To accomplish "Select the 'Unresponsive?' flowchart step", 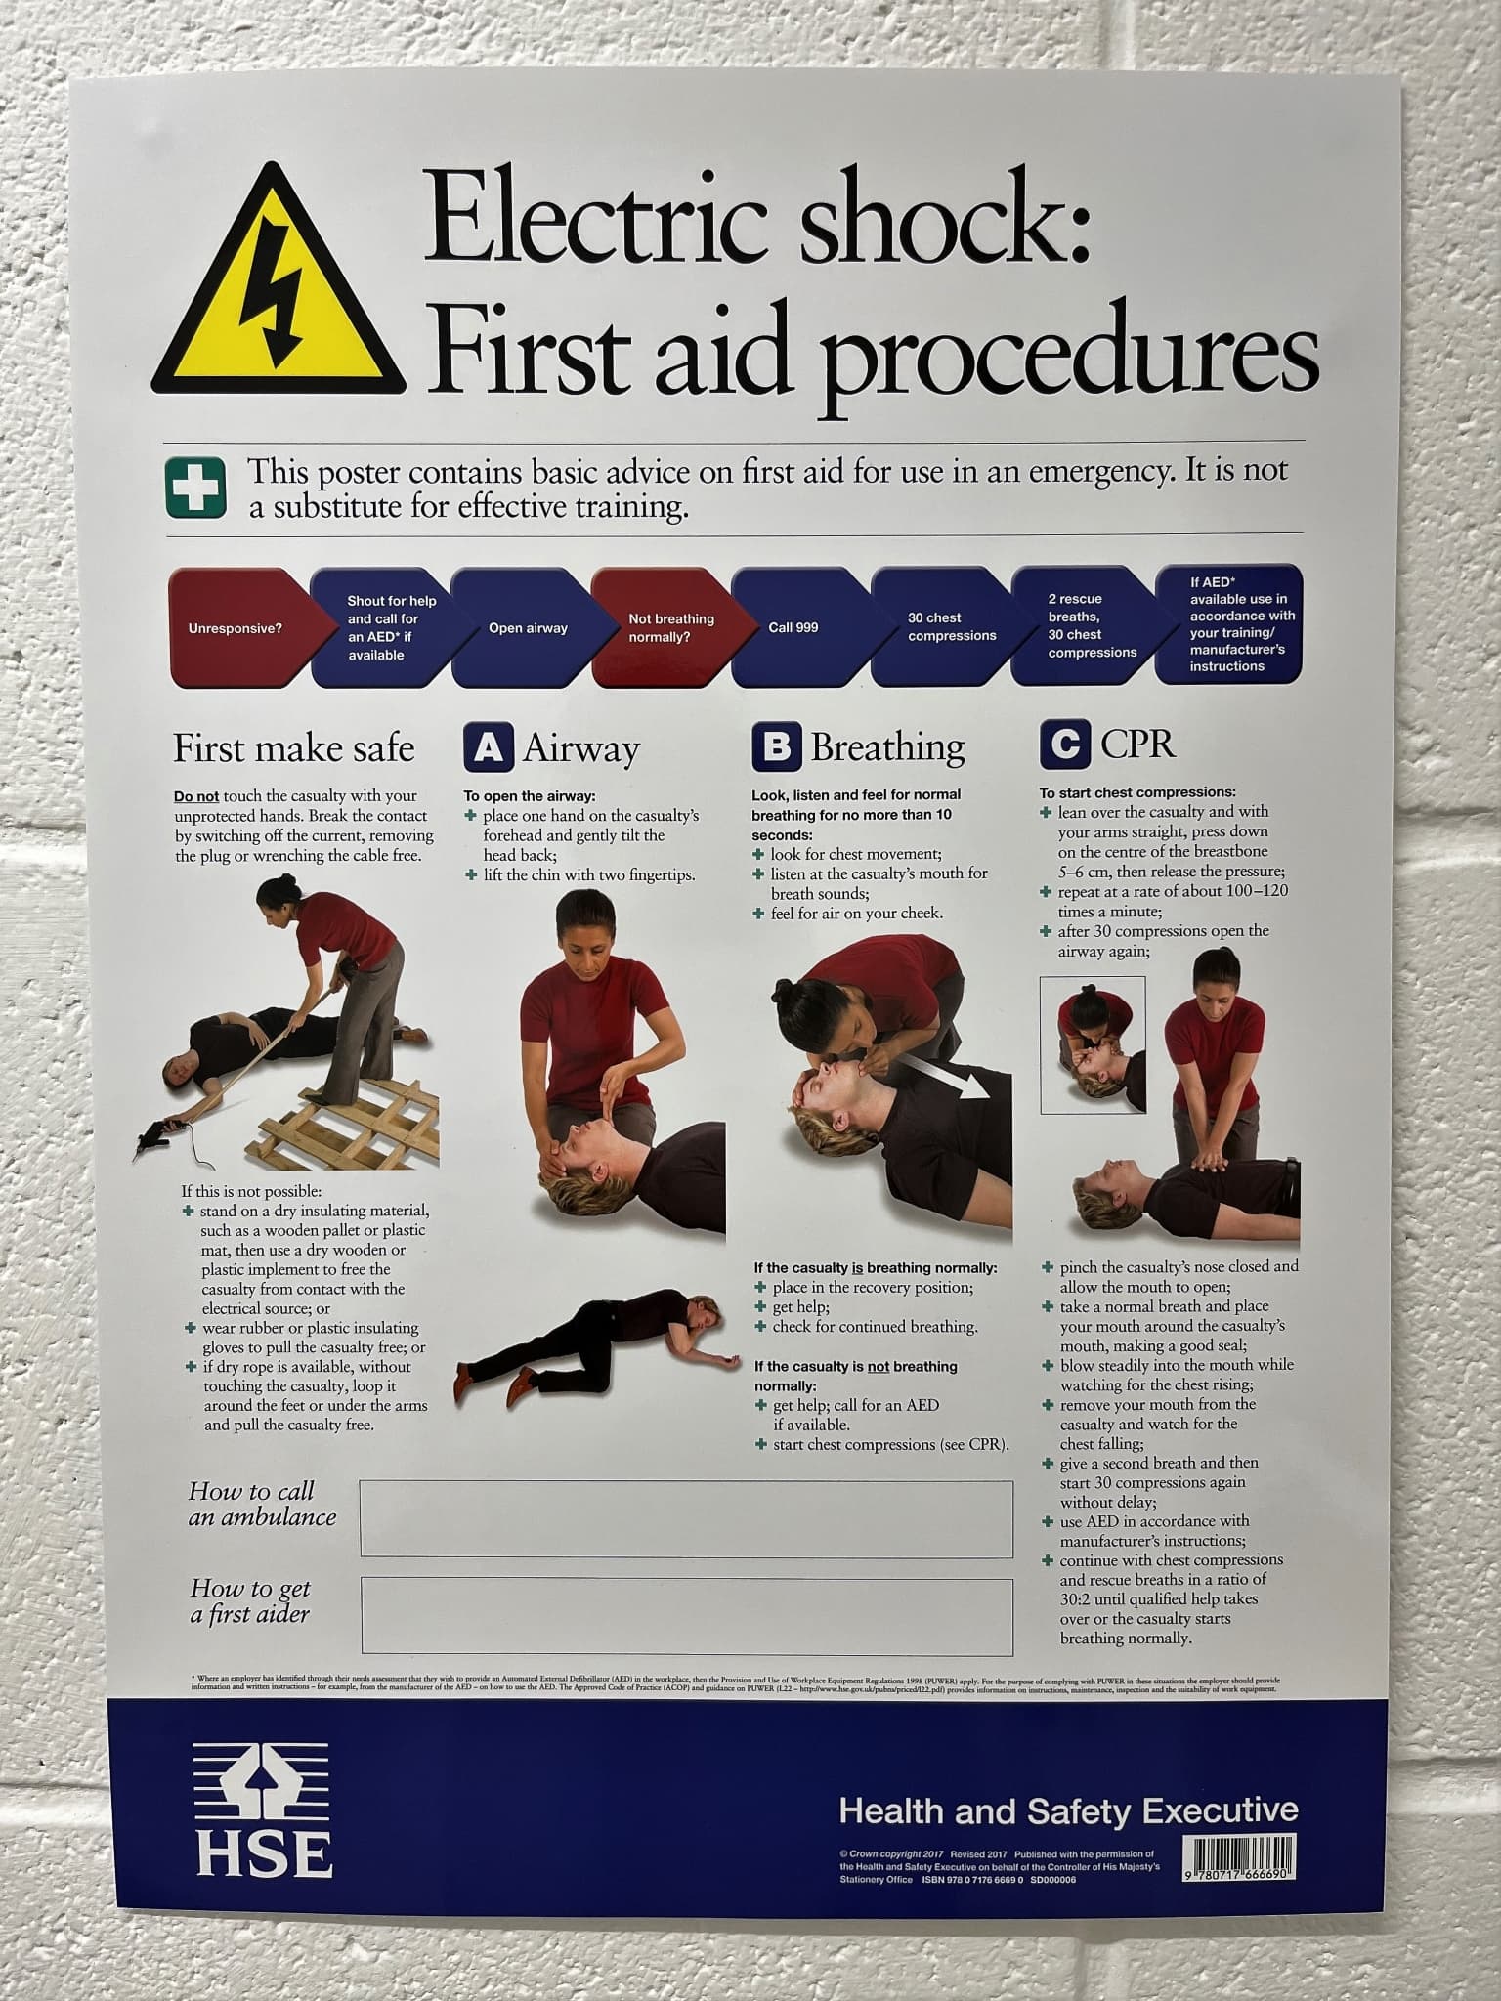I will coord(236,628).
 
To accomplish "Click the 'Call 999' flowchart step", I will coord(793,627).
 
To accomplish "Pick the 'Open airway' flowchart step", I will coord(528,628).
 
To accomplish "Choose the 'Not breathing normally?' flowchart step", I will coord(671,627).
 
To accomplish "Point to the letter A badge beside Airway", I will coord(488,748).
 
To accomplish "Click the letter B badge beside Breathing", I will coord(776,747).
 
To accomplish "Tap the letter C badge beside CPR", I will coord(1064,745).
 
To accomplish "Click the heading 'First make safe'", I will coord(294,749).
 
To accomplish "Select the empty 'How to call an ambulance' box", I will coord(686,1518).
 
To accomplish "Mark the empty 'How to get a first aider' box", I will coord(686,1615).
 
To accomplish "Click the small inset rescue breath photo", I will coord(1093,1045).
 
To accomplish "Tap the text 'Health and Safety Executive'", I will coord(1068,1810).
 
